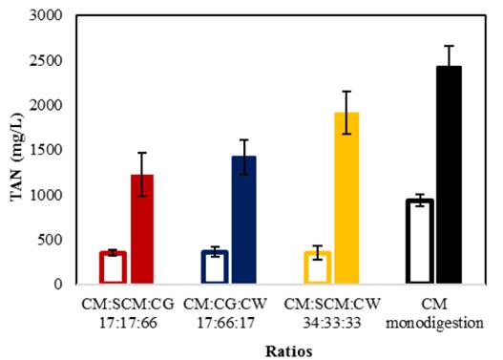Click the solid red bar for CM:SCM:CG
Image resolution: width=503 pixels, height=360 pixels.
pos(141,229)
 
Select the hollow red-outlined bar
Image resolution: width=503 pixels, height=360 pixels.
pos(113,267)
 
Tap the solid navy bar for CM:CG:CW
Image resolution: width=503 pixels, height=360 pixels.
pos(243,220)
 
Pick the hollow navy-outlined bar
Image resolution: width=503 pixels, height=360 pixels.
pos(215,267)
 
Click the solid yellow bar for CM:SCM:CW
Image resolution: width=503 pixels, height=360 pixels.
pos(346,198)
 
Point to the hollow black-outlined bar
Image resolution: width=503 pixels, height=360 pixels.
pos(419,242)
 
